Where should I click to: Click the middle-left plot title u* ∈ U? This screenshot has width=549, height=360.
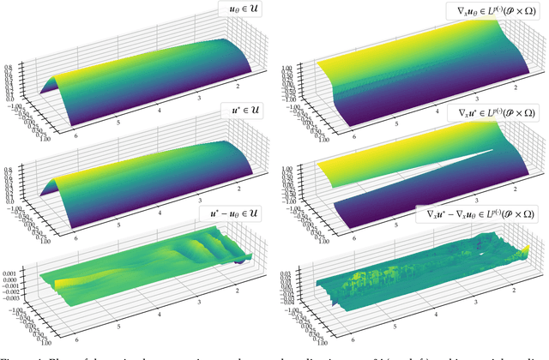tap(244, 112)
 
